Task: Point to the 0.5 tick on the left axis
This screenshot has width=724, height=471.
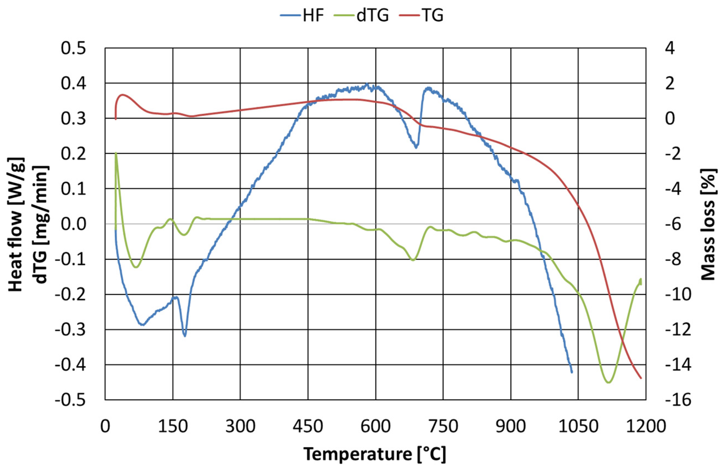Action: [73, 49]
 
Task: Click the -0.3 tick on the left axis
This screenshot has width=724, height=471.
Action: [70, 330]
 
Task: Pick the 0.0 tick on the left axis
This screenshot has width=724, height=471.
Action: [73, 224]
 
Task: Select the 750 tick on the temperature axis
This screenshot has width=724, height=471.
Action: [443, 427]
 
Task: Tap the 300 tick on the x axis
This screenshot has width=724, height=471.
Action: [240, 427]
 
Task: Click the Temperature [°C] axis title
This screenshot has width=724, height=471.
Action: [375, 454]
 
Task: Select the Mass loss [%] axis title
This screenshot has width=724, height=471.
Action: [709, 224]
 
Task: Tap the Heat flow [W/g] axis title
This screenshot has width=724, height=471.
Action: [16, 224]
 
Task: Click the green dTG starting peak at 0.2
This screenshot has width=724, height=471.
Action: [116, 153]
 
